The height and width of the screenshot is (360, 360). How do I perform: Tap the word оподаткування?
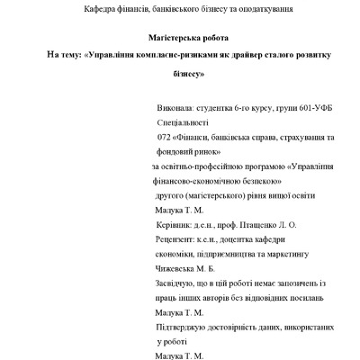click(x=264, y=9)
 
